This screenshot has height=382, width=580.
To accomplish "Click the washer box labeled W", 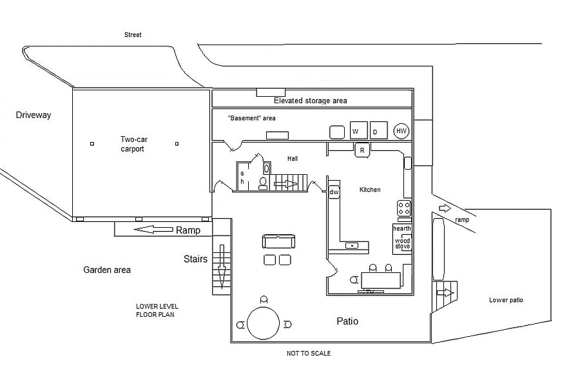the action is pos(358,130).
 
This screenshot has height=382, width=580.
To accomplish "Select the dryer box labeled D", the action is pos(378,130).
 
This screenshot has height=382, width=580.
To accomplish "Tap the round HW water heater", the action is pos(401,131).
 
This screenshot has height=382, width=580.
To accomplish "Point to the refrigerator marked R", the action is pos(362,150).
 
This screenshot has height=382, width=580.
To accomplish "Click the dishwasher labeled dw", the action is pos(334,192).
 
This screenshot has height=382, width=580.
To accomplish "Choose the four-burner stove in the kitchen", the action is pos(404,208).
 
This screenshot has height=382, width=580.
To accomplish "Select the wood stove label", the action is pos(402,243).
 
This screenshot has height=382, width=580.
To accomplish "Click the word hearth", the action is pos(402,228).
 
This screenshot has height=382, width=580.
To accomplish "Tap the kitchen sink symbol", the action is pos(352,245).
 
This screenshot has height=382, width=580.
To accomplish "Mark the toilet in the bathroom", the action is pos(263,183).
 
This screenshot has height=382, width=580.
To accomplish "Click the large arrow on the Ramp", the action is pos(153,230).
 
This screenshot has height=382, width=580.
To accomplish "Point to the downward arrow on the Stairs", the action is pos(222,266).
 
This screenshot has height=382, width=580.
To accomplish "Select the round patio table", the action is pos(263,323).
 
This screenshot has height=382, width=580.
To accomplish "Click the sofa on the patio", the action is pos(278,241).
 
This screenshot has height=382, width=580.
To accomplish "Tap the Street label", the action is pos(133,35).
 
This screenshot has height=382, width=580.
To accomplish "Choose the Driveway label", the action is pos(34,115).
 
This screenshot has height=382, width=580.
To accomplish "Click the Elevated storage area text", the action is pos(311,101).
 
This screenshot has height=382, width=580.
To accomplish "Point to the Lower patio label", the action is pos(506,300).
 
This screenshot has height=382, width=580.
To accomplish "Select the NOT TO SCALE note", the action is pos(309,354).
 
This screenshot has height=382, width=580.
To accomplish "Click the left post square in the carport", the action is pos(92,144).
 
